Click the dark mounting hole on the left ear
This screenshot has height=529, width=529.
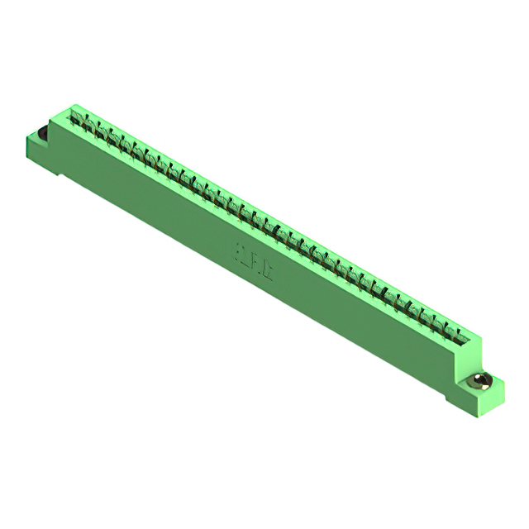(x=39, y=132)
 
